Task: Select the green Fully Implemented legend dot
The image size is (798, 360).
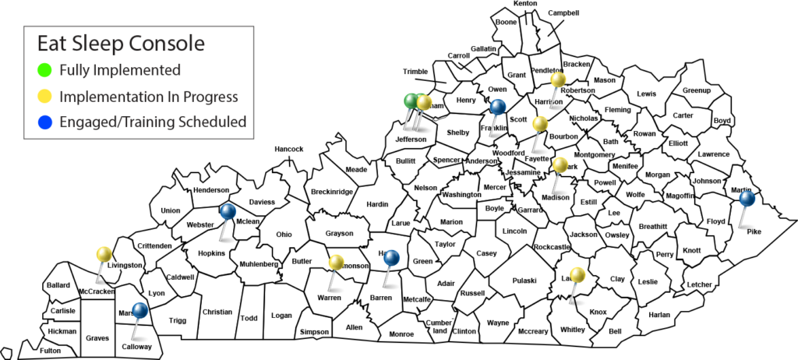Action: pyautogui.click(x=45, y=70)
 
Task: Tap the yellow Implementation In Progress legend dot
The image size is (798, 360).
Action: pyautogui.click(x=45, y=96)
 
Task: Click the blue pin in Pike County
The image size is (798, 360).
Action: pyautogui.click(x=747, y=199)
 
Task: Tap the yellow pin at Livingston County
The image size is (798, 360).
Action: pyautogui.click(x=104, y=254)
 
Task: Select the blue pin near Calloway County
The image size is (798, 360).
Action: pyautogui.click(x=140, y=310)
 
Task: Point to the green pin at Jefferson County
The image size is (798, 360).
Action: pyautogui.click(x=411, y=101)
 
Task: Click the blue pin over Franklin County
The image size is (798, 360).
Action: pyautogui.click(x=498, y=107)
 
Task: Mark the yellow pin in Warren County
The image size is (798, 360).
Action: pyautogui.click(x=336, y=263)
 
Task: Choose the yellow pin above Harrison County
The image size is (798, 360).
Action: pyautogui.click(x=558, y=79)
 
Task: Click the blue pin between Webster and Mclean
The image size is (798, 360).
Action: pyautogui.click(x=227, y=210)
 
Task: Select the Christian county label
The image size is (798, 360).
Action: pyautogui.click(x=217, y=312)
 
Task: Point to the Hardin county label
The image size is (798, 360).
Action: pyautogui.click(x=377, y=205)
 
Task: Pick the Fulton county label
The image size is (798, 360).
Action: pyautogui.click(x=50, y=350)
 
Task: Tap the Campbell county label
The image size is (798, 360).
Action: pyautogui.click(x=563, y=13)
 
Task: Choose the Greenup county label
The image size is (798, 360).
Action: pyautogui.click(x=697, y=90)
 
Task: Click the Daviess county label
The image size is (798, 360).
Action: pyautogui.click(x=263, y=202)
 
